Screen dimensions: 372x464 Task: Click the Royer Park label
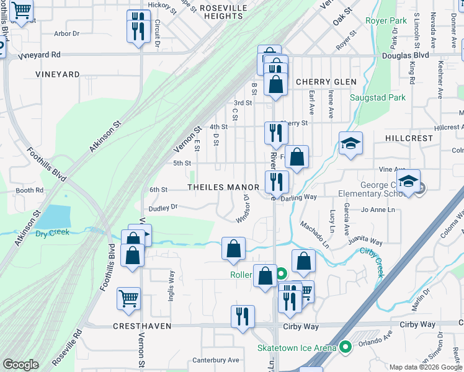(x=386, y=20)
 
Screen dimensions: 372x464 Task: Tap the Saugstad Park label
(x=377, y=97)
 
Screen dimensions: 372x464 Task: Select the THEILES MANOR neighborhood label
(x=223, y=187)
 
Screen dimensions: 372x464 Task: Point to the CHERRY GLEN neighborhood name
(x=326, y=82)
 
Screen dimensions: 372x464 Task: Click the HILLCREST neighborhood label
(x=408, y=138)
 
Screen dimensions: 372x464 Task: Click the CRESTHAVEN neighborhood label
(x=142, y=325)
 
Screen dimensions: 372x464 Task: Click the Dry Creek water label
(x=52, y=233)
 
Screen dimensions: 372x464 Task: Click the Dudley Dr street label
(x=163, y=207)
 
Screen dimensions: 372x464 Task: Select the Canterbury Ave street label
(x=215, y=360)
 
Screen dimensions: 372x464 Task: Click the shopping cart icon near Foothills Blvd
(x=128, y=299)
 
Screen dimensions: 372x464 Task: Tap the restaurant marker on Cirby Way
(x=243, y=316)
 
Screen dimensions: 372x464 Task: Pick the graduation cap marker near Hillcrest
(x=350, y=144)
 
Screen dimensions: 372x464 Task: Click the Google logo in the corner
(x=20, y=365)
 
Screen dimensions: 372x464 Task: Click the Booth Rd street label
(x=29, y=190)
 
